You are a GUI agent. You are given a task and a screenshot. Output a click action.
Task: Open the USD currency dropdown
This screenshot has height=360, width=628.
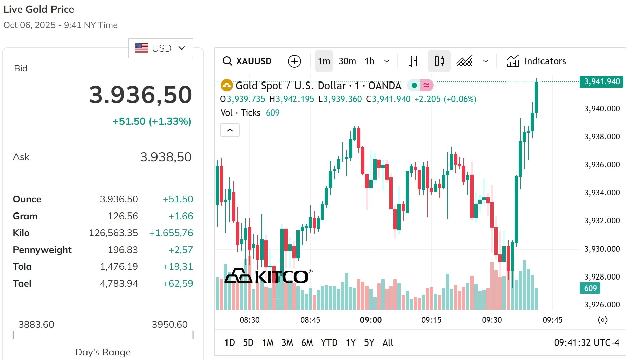click(160, 48)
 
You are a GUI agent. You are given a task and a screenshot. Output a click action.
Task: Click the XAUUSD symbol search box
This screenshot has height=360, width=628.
click(247, 61)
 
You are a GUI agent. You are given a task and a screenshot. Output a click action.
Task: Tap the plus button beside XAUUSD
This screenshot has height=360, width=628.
click(294, 61)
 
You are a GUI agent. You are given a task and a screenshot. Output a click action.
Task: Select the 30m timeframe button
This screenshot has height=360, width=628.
click(347, 61)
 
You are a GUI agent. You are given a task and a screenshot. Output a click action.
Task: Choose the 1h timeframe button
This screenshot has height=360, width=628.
click(370, 61)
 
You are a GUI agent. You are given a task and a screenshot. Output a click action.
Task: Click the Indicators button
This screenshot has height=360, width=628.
click(536, 61)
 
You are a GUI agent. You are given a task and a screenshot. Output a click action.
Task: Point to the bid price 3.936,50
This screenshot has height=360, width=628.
click(140, 95)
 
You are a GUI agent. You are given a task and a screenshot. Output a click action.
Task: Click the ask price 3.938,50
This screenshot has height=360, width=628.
click(166, 157)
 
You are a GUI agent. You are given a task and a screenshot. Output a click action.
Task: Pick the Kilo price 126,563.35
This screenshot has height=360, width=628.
click(113, 233)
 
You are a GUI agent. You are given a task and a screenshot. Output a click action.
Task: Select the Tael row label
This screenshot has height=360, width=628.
click(22, 283)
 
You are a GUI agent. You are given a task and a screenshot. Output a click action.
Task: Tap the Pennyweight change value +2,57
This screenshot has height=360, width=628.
click(181, 250)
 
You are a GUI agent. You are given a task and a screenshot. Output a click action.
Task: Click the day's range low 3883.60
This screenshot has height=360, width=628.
click(36, 324)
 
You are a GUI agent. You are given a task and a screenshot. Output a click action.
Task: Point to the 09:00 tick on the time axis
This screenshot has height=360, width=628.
click(371, 320)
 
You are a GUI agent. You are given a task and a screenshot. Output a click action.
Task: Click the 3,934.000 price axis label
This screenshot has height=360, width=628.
click(602, 193)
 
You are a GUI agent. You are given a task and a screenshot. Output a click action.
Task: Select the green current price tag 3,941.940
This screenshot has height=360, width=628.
click(601, 81)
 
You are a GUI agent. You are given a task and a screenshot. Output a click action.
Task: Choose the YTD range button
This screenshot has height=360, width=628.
click(329, 342)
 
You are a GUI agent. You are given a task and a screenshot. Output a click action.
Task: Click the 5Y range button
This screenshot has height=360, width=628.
click(369, 342)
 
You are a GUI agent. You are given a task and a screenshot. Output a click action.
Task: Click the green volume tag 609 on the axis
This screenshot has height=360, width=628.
click(590, 288)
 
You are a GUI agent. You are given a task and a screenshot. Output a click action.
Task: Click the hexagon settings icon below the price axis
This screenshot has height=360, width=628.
click(603, 320)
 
